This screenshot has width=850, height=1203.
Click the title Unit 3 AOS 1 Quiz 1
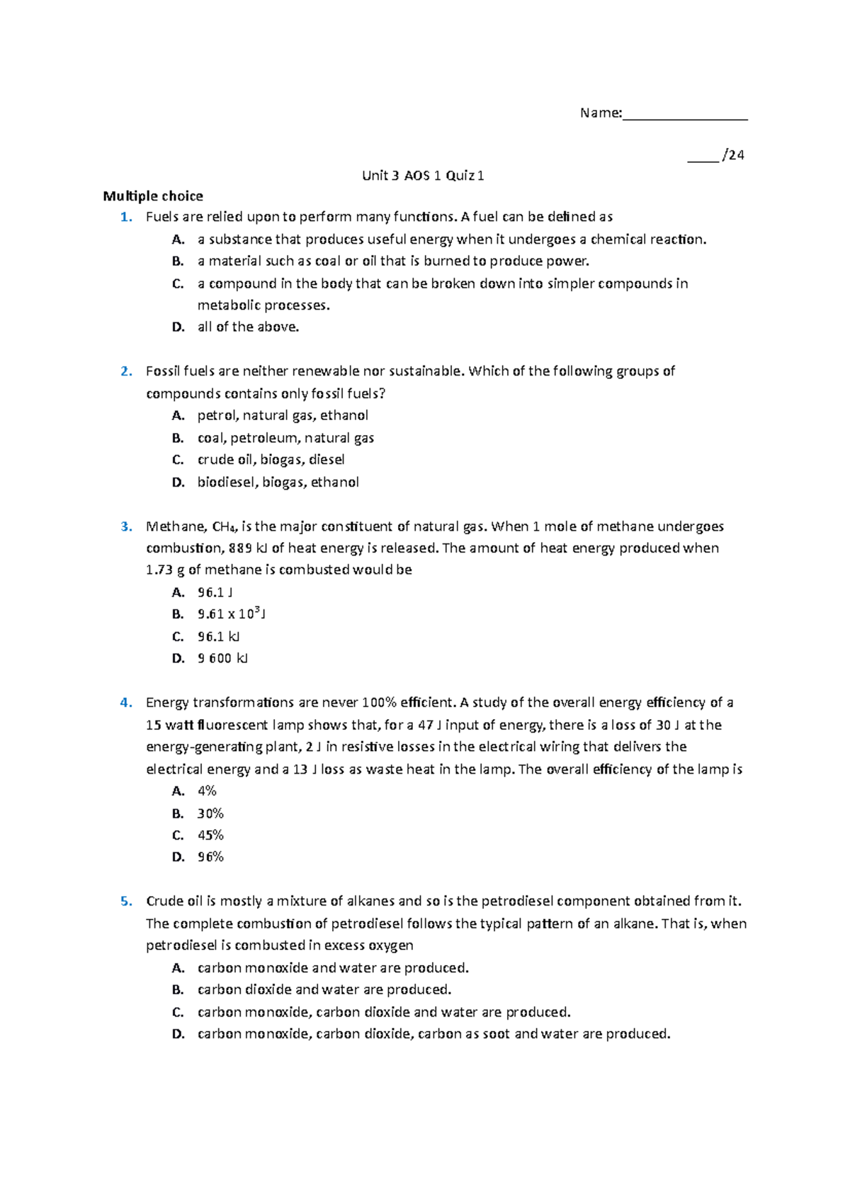(x=423, y=176)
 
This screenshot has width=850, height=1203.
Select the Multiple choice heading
(x=153, y=196)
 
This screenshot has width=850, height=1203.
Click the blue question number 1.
(x=126, y=217)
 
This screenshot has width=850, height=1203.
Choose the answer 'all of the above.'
(x=248, y=327)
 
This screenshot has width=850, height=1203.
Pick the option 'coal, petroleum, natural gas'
(x=285, y=438)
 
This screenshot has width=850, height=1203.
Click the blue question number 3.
(x=126, y=526)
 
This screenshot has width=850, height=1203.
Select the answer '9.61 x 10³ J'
(x=231, y=614)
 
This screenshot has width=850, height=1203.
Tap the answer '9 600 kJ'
(x=222, y=658)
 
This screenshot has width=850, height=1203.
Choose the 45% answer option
(x=210, y=835)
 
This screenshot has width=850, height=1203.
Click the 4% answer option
(x=207, y=791)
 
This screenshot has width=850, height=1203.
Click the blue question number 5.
(x=126, y=901)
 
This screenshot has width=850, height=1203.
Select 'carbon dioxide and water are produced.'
(x=324, y=990)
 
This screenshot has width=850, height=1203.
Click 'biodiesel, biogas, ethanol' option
(x=278, y=482)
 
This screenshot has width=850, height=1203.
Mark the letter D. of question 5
(x=178, y=1034)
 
